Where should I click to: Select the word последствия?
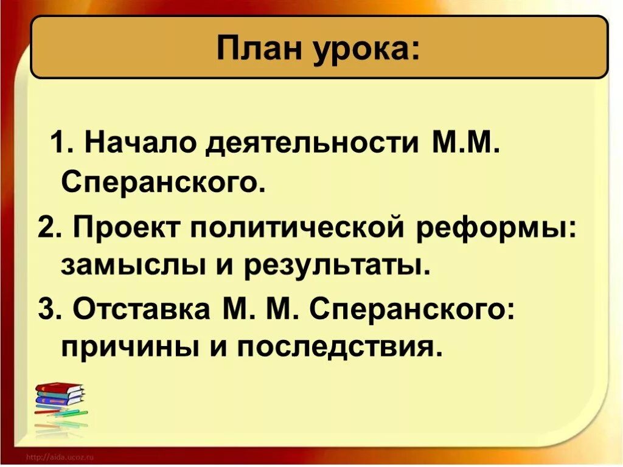tap(338, 348)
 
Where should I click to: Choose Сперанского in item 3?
tap(408, 311)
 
